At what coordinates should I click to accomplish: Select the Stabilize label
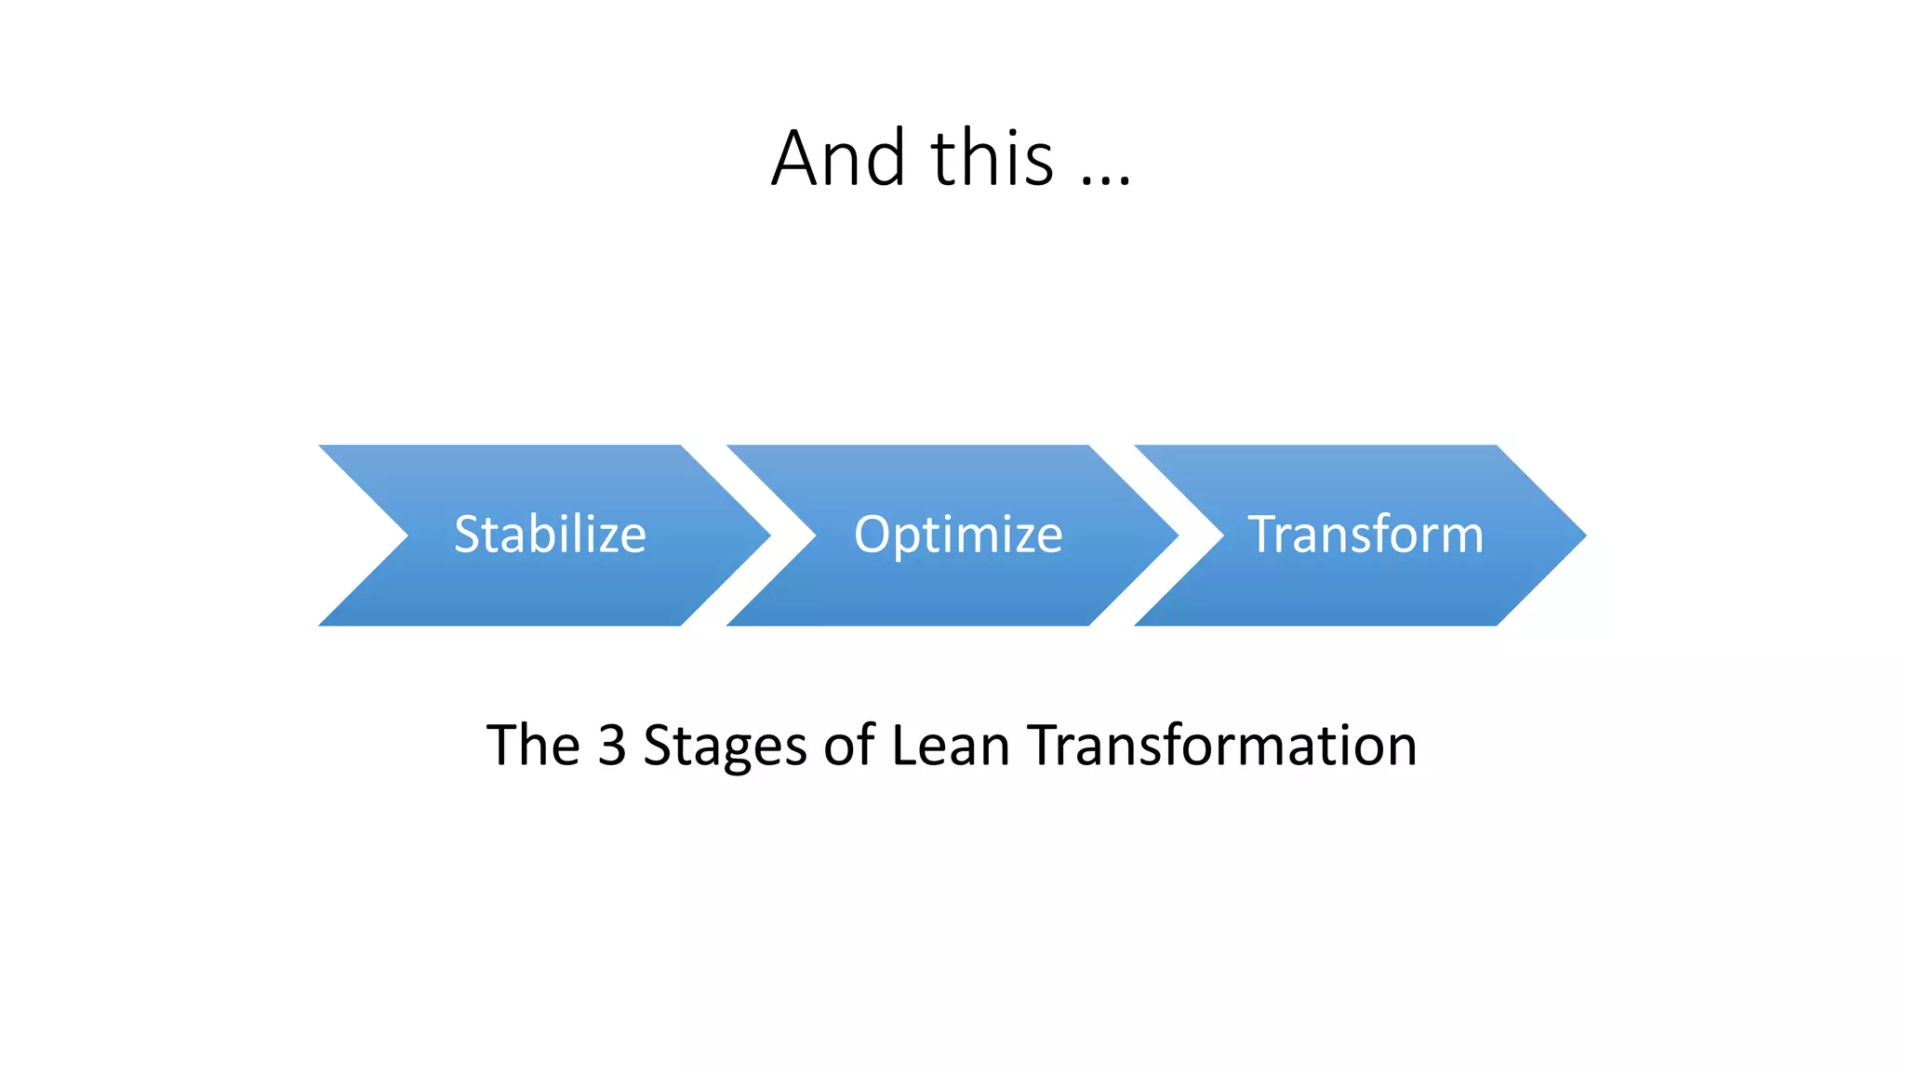pos(550,535)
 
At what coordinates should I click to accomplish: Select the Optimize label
pos(958,535)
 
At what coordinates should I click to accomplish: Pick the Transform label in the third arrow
pos(1365,535)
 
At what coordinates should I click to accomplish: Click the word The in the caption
pos(533,745)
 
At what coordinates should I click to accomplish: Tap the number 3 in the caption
pos(611,745)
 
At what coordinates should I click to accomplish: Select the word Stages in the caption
pos(725,747)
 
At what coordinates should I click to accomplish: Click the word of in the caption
pos(848,745)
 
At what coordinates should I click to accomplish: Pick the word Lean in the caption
pos(950,745)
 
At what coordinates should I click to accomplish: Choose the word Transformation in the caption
pos(1222,745)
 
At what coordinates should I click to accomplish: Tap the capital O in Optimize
pos(872,535)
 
